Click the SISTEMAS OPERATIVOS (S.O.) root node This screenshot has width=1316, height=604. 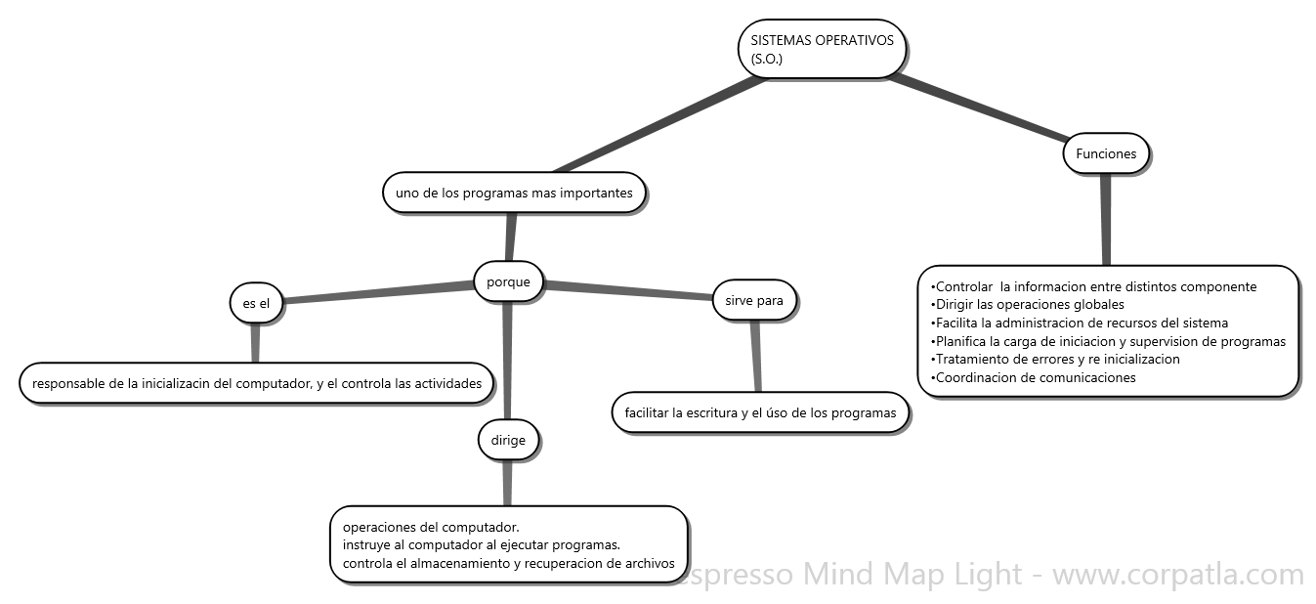(x=822, y=49)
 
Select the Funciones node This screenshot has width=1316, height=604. (x=1105, y=153)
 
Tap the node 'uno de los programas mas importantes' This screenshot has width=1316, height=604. (x=514, y=193)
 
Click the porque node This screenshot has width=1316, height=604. (x=508, y=282)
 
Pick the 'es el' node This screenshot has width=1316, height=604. (x=256, y=304)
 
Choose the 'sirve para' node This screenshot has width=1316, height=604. (x=754, y=300)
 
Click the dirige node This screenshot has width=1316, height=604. (x=508, y=440)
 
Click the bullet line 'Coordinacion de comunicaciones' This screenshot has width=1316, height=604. (x=1034, y=377)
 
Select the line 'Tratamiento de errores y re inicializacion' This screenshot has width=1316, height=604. (x=1056, y=359)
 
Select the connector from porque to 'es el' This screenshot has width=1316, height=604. (x=376, y=292)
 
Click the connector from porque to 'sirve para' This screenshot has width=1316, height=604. (x=630, y=289)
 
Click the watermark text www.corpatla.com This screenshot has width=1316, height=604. (x=1177, y=575)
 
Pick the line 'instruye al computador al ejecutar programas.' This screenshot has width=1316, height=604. (x=482, y=545)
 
